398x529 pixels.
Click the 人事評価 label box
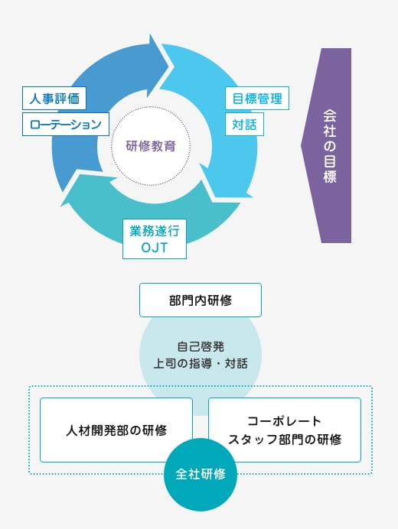tap(54, 98)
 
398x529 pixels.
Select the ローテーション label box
tap(66, 124)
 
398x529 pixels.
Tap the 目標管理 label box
tap(257, 98)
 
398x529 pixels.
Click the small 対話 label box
tap(244, 124)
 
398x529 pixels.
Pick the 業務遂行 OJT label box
tap(155, 239)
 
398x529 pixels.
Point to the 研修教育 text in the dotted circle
tap(151, 146)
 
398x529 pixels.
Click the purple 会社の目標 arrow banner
tap(326, 145)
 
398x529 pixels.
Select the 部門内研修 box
tap(201, 300)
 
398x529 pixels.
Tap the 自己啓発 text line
tap(201, 346)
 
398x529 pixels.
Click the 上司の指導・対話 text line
tap(201, 363)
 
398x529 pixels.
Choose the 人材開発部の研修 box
tap(116, 430)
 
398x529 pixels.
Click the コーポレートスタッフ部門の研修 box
tap(285, 430)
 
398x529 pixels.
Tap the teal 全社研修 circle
tap(201, 475)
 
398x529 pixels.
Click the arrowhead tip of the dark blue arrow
tap(168, 65)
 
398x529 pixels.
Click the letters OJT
tap(154, 248)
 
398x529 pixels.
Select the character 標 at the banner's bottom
tap(329, 176)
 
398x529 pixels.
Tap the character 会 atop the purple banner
tap(329, 115)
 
